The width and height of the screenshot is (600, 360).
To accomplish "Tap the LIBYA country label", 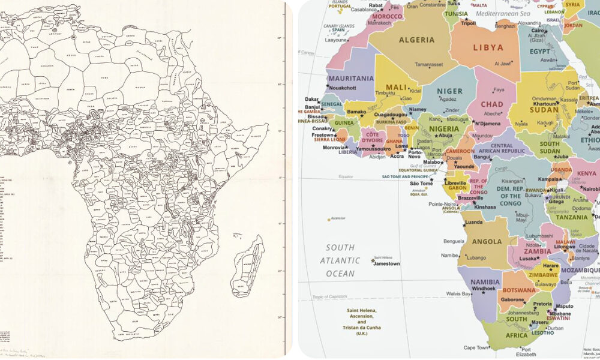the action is tap(488, 47).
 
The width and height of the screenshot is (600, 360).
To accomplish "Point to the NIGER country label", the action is tap(449, 91).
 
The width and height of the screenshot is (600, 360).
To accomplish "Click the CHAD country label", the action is tap(492, 104).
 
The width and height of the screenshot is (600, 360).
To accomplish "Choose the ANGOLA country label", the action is tap(487, 241).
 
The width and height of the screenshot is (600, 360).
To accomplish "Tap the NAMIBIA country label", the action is tap(485, 281).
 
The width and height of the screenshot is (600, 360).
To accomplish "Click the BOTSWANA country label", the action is tap(519, 290).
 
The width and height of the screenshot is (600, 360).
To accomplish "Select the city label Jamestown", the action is tap(386, 263).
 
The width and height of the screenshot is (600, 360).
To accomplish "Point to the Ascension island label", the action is tap(337, 218).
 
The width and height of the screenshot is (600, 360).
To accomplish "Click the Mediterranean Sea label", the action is tap(503, 13).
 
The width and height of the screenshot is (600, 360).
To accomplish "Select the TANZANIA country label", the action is tap(575, 218).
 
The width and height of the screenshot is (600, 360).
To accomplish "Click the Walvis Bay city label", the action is tap(458, 293).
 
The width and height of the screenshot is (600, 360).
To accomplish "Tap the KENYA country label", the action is tap(582, 173).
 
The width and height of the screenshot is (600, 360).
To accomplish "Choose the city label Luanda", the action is tap(473, 222).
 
